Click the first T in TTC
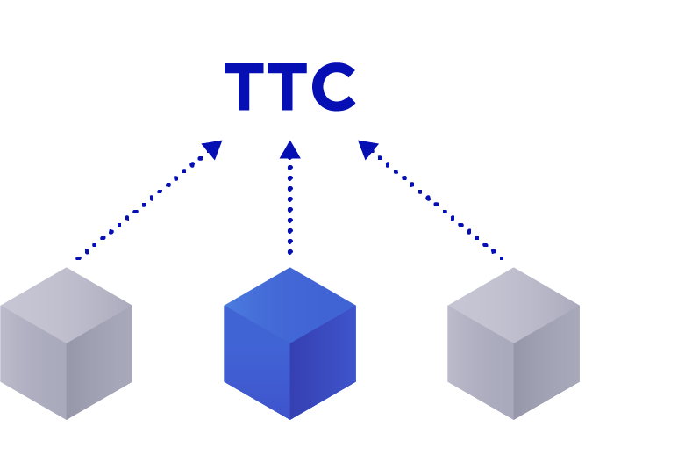pyautogui.click(x=246, y=88)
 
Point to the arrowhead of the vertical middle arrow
pyautogui.click(x=289, y=149)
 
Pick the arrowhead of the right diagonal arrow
pyautogui.click(x=367, y=149)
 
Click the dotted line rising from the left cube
pyautogui.click(x=140, y=208)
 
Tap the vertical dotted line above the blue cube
pyautogui.click(x=289, y=206)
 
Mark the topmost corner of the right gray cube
pyautogui.click(x=513, y=269)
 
